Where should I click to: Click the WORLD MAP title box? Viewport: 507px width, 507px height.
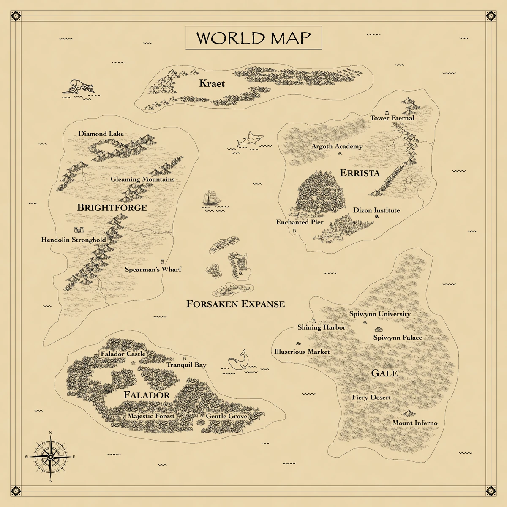coord(253,38)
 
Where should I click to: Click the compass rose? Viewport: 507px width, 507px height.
coord(50,457)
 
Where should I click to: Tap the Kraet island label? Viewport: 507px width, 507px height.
coord(212,84)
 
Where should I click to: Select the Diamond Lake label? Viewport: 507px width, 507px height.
coord(101,134)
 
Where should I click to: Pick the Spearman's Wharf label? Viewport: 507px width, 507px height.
coord(153,269)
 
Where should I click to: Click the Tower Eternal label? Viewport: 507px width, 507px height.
coord(392,118)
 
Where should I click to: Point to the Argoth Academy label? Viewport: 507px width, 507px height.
coord(337,146)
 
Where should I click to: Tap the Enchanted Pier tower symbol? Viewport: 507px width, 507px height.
coord(294,231)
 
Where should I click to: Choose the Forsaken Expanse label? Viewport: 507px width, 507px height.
coord(236,304)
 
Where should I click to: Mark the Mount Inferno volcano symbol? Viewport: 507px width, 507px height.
coord(408,413)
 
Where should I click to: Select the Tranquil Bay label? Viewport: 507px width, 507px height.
coord(186,365)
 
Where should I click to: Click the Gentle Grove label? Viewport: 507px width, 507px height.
coord(226,416)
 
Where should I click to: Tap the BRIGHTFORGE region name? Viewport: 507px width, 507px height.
coord(112,207)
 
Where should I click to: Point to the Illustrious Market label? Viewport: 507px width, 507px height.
coord(302,352)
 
